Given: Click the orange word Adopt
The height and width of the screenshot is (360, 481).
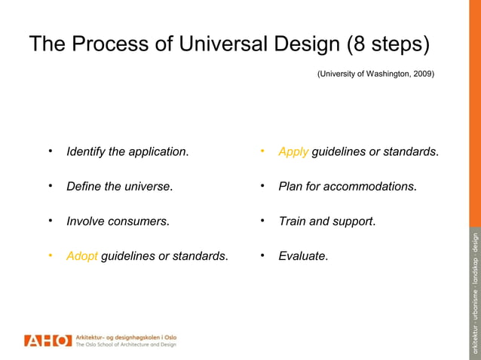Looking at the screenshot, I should [82, 256].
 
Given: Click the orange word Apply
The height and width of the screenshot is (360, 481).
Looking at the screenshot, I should [293, 152].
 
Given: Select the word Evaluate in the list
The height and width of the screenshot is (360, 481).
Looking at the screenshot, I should [303, 256].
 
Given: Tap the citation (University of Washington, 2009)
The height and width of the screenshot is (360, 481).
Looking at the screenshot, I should [375, 74].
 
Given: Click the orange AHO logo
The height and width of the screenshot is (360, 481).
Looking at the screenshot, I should [47, 340].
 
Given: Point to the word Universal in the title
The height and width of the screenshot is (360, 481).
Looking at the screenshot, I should [222, 44].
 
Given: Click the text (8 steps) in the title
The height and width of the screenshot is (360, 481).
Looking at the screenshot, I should [388, 44].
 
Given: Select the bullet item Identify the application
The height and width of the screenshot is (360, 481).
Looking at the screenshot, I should [127, 152].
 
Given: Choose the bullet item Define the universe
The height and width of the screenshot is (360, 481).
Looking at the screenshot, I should [119, 187].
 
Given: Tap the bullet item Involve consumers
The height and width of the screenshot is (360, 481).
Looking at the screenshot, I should [118, 221].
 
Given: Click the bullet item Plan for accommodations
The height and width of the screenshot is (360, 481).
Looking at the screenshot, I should [348, 187].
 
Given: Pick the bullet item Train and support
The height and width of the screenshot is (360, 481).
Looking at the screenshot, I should [326, 221].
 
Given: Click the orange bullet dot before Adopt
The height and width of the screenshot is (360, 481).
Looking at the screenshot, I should [51, 255].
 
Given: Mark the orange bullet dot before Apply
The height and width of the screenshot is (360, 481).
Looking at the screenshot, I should [262, 151].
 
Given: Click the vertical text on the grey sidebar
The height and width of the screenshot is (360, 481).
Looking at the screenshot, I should [474, 294].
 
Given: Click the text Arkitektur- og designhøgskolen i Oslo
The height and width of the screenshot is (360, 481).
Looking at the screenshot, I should [126, 337].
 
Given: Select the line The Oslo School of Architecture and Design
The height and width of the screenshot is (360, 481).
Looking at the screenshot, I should [126, 345].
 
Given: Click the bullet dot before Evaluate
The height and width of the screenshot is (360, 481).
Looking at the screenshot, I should [262, 255].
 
